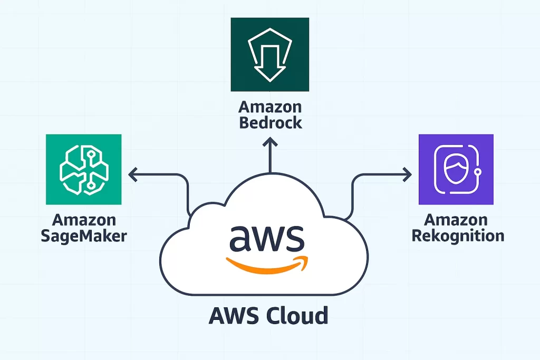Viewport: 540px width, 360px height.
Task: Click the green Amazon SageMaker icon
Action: point(83,169)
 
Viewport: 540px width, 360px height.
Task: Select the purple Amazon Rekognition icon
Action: point(456,169)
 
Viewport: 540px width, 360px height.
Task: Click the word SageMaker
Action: point(83,235)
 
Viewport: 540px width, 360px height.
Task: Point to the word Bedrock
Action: point(270,123)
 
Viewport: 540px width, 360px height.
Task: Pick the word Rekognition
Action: point(458,235)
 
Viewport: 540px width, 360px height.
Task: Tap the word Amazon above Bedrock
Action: point(270,107)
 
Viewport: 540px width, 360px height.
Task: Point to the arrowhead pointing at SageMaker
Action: point(132,172)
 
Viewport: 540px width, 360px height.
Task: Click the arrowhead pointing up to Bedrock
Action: point(270,142)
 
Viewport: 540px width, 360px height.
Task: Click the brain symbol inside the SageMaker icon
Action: point(83,169)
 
